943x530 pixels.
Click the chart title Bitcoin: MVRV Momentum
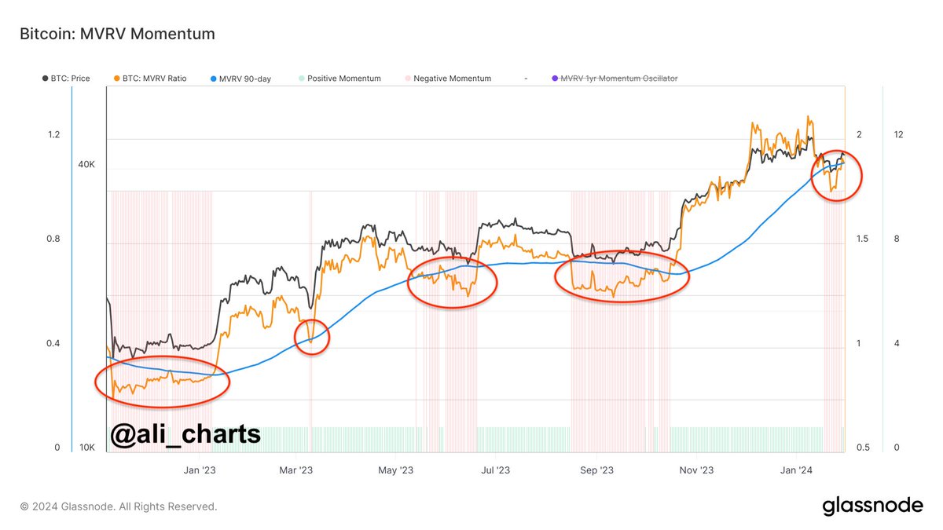point(116,34)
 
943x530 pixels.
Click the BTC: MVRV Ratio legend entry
point(150,79)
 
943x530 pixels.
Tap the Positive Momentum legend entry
point(339,79)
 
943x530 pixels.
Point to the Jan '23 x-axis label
point(199,470)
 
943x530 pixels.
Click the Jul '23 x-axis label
point(495,470)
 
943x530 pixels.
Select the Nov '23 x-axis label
point(696,470)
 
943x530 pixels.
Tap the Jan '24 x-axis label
point(796,470)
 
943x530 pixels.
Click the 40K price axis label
point(86,165)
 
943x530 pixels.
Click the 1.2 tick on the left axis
point(53,135)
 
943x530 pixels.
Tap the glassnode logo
point(872,506)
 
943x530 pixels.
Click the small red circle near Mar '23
point(312,337)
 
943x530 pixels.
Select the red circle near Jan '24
point(836,176)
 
